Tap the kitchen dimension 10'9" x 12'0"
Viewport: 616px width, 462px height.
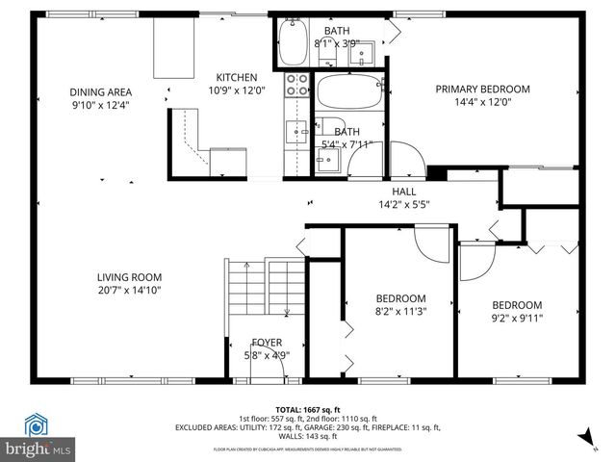(236, 90)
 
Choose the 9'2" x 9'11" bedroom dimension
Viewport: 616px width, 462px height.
(517, 319)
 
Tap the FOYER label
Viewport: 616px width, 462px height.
(267, 343)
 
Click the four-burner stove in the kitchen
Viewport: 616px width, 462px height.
(296, 86)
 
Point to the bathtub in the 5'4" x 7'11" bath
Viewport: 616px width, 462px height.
(346, 94)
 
